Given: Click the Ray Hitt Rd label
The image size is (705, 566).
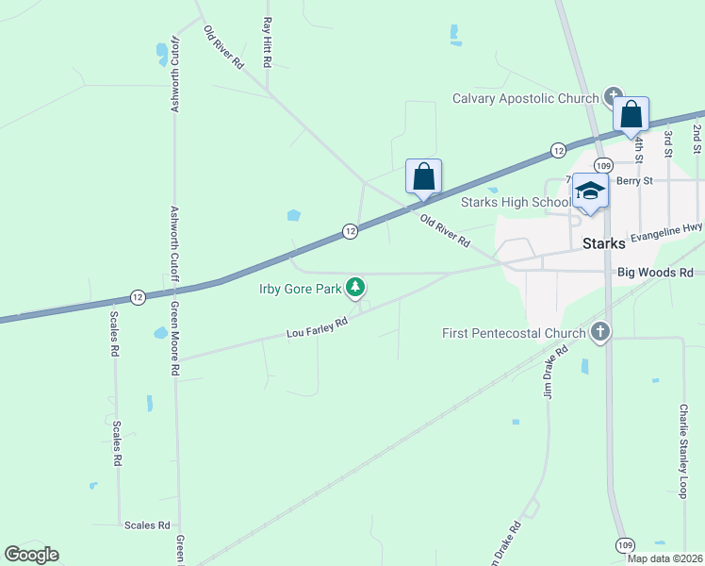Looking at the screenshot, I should tap(268, 42).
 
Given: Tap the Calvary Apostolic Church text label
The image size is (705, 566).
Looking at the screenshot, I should tap(525, 98).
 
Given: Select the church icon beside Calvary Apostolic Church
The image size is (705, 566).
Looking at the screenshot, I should tap(614, 95).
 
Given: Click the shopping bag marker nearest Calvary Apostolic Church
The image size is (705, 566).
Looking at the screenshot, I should tap(631, 116).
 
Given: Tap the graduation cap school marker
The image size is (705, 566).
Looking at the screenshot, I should tap(591, 191).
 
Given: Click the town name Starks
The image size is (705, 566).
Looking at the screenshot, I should tap(604, 243).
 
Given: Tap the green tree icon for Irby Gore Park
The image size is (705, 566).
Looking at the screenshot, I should tap(354, 286).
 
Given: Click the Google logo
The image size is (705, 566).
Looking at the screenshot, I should tap(31, 555).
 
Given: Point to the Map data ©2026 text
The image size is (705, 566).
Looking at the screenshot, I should tap(664, 558).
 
